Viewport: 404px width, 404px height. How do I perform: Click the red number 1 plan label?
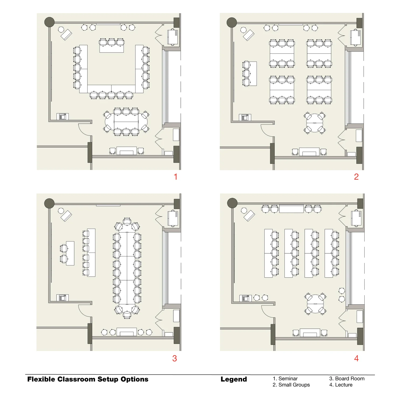pos(176,177)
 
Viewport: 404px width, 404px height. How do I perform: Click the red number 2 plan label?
pos(356,177)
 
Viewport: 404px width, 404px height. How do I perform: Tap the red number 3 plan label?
pos(175,358)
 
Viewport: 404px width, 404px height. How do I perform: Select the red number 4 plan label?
pos(356,358)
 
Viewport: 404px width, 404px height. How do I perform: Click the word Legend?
pos(234,379)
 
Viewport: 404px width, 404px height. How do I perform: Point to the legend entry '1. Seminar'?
pos(285,378)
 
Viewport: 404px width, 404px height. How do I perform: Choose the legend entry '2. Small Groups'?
pos(291,385)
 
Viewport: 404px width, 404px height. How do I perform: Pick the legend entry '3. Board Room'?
pos(347,378)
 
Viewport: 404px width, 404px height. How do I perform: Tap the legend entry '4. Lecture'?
pos(341,385)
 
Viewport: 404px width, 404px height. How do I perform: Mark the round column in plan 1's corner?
pos(49,22)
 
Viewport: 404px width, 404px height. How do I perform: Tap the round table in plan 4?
pos(315,304)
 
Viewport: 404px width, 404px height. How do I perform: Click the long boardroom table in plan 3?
pos(127,268)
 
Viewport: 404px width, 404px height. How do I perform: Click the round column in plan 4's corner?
pos(232,203)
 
